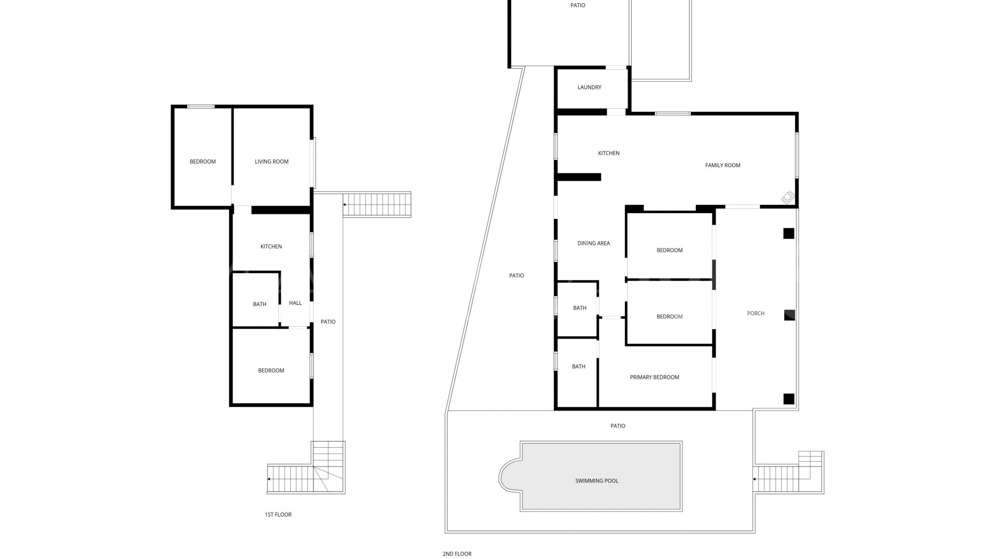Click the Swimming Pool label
tap(596, 481)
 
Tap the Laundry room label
tap(589, 87)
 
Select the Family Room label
tap(722, 166)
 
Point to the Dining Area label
tap(593, 243)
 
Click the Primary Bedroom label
tap(654, 377)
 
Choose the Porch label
tap(756, 314)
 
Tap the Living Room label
tap(272, 161)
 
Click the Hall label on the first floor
tap(295, 303)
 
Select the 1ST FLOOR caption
tap(278, 515)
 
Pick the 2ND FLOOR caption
tap(457, 554)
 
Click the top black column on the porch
tap(788, 233)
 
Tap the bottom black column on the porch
tap(788, 399)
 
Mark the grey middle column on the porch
tap(789, 315)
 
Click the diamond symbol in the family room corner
tap(788, 198)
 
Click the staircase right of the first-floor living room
tap(377, 204)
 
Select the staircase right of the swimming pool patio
tap(788, 472)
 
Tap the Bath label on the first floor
tap(260, 304)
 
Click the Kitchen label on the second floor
tap(608, 153)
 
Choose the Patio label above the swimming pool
tap(618, 426)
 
